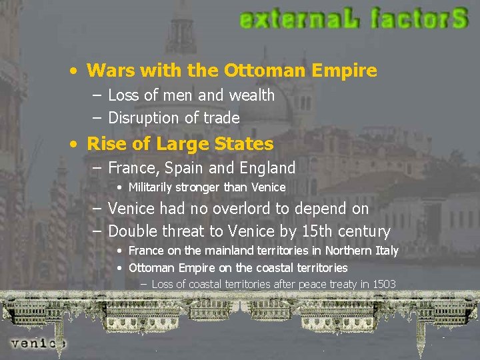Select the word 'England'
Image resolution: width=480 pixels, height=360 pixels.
[x=264, y=167]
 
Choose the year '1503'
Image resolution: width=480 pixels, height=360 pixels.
[x=384, y=284]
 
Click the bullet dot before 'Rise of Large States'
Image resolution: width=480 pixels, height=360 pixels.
[x=78, y=144]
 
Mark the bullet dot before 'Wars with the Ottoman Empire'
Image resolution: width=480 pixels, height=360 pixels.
[x=78, y=71]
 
